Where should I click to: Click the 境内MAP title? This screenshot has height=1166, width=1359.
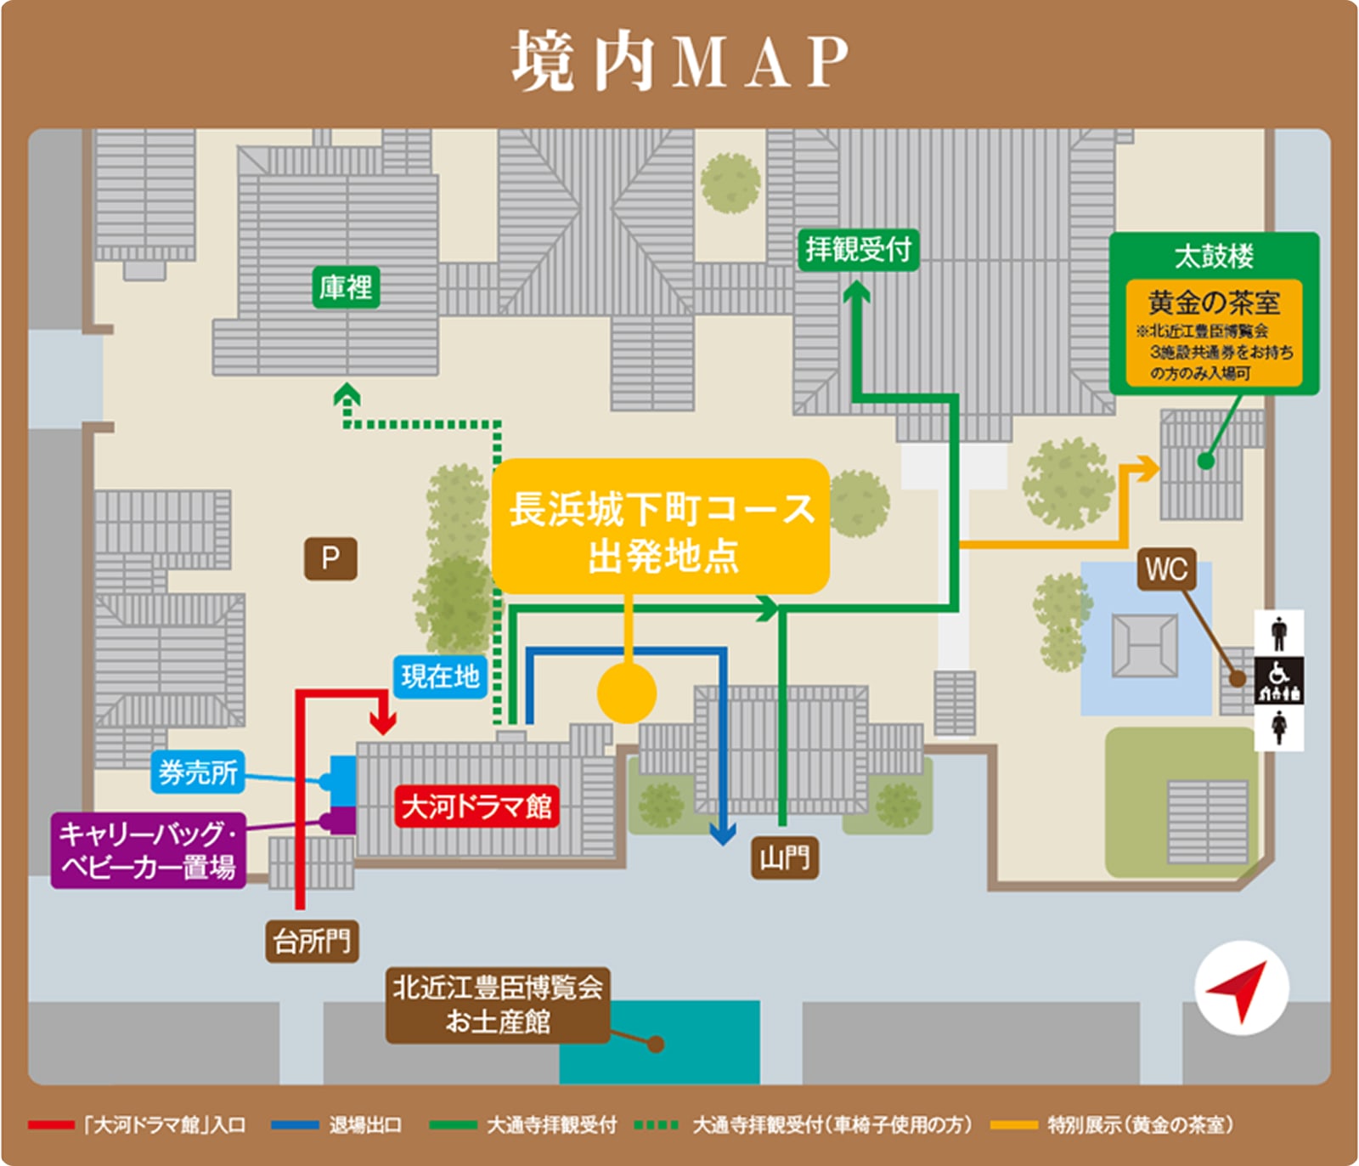pyautogui.click(x=679, y=61)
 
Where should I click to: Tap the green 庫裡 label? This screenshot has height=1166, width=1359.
pyautogui.click(x=345, y=287)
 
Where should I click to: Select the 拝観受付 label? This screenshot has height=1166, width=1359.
pyautogui.click(x=858, y=249)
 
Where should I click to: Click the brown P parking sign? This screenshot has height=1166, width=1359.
pyautogui.click(x=330, y=558)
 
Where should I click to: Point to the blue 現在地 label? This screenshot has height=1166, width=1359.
pyautogui.click(x=440, y=676)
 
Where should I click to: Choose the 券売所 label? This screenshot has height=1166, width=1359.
pyautogui.click(x=198, y=772)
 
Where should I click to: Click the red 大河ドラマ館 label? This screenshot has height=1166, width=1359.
pyautogui.click(x=476, y=806)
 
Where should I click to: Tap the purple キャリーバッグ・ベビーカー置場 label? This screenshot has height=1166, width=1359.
pyautogui.click(x=148, y=851)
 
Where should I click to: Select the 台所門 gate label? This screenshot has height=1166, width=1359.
pyautogui.click(x=312, y=941)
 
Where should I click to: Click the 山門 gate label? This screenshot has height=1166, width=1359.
pyautogui.click(x=784, y=858)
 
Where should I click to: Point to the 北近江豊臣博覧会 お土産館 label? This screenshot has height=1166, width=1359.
pyautogui.click(x=498, y=1005)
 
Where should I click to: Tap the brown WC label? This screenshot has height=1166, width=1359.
pyautogui.click(x=1166, y=569)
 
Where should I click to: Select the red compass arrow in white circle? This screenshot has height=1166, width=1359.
pyautogui.click(x=1241, y=988)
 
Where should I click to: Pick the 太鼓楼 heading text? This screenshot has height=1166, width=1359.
pyautogui.click(x=1214, y=256)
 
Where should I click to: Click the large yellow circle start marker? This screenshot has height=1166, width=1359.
pyautogui.click(x=627, y=693)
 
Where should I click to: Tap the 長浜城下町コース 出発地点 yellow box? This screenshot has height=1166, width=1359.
pyautogui.click(x=661, y=527)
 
